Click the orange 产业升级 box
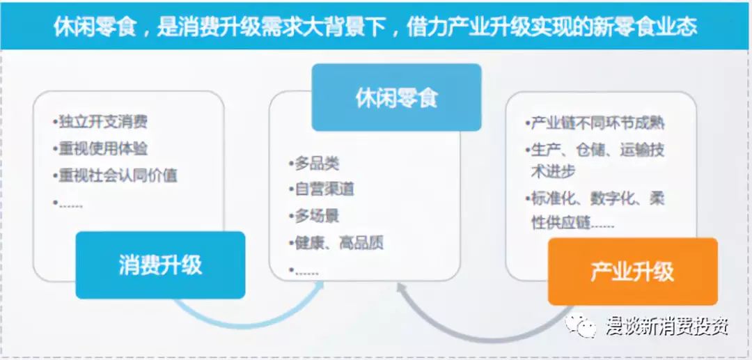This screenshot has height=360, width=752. [632, 272]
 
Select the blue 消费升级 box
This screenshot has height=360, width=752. [160, 265]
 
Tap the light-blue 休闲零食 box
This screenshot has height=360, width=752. [396, 97]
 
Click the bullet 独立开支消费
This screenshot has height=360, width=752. [100, 123]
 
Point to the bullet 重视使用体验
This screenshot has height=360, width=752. [100, 148]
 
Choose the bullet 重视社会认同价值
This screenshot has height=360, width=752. [115, 175]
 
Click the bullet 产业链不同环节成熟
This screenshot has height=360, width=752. [595, 123]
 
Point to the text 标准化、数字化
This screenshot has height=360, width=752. [584, 198]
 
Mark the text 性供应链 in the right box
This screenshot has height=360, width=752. [561, 224]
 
